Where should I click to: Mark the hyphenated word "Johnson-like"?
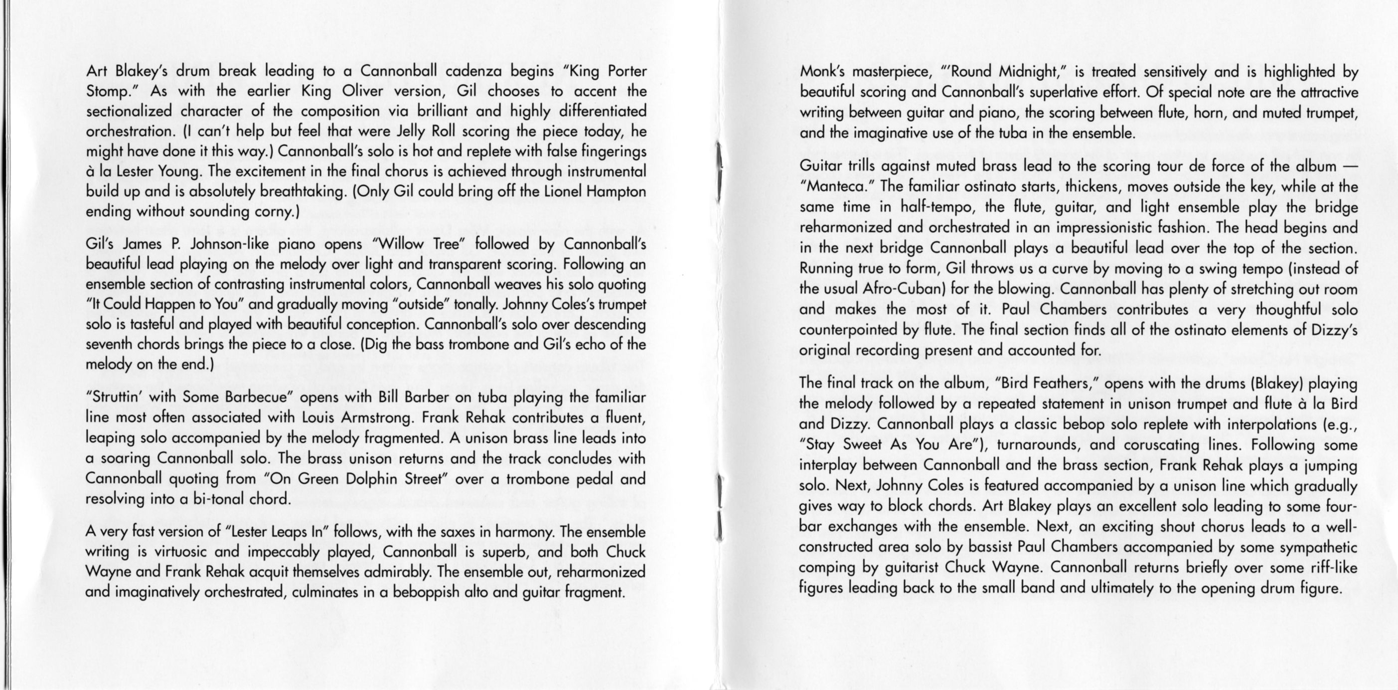click(x=228, y=244)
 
